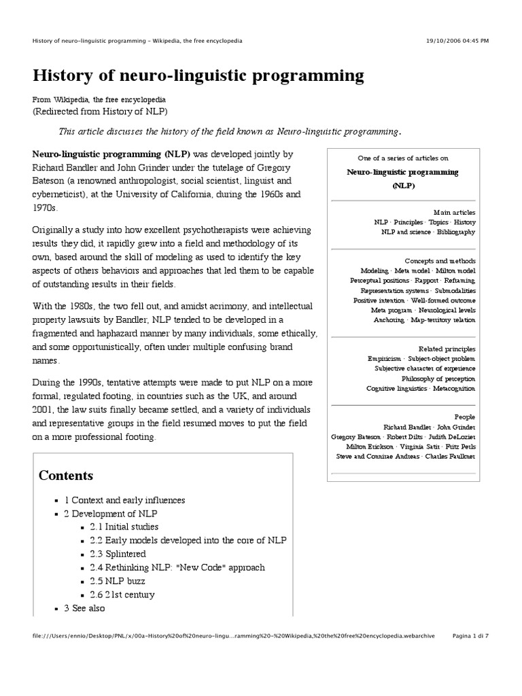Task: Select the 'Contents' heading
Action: pyautogui.click(x=66, y=475)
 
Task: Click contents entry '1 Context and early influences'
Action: pyautogui.click(x=124, y=500)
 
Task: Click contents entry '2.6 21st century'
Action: pyautogui.click(x=122, y=595)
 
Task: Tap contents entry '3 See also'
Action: pyautogui.click(x=86, y=608)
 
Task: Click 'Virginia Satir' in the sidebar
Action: pyautogui.click(x=423, y=446)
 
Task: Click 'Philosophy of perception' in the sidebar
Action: pyautogui.click(x=438, y=378)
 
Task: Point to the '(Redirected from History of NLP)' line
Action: pyautogui.click(x=100, y=111)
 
